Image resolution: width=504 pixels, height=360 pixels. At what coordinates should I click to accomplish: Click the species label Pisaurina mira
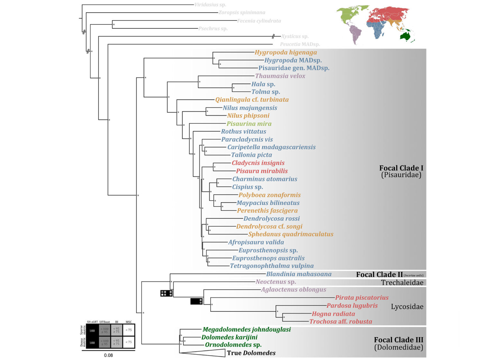[x=249, y=124]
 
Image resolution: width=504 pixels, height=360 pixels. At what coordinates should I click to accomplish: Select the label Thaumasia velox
[x=280, y=76]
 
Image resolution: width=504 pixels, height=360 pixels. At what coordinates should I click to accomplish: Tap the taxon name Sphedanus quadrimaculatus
[x=291, y=234]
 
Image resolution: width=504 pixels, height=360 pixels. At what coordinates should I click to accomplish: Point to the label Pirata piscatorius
[x=362, y=298]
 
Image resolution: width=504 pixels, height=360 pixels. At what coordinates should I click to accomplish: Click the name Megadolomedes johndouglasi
[x=247, y=329]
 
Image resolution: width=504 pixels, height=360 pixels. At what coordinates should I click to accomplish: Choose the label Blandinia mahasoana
[x=299, y=274]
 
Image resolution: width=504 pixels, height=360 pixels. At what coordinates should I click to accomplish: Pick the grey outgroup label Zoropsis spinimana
[x=242, y=13]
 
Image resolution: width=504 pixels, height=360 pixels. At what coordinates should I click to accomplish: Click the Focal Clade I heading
[x=401, y=168]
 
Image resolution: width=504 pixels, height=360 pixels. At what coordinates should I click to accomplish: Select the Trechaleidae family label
[x=402, y=282]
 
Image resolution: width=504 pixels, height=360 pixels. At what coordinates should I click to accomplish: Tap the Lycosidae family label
[x=407, y=307]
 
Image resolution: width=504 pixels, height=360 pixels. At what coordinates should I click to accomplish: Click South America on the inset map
[x=356, y=34]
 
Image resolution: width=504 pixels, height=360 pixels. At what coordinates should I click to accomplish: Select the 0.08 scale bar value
[x=108, y=355]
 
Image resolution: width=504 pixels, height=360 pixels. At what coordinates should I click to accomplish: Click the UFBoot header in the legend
[x=104, y=322]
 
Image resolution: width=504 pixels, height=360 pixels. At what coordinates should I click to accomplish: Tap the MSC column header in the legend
[x=129, y=322]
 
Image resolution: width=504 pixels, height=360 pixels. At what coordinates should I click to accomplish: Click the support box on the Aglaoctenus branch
[x=196, y=301]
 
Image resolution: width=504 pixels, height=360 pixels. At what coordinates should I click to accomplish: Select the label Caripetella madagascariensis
[x=271, y=147]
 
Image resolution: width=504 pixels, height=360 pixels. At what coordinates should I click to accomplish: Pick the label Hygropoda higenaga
[x=285, y=52]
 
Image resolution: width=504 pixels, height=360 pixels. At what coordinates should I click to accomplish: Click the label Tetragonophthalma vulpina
[x=272, y=266]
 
